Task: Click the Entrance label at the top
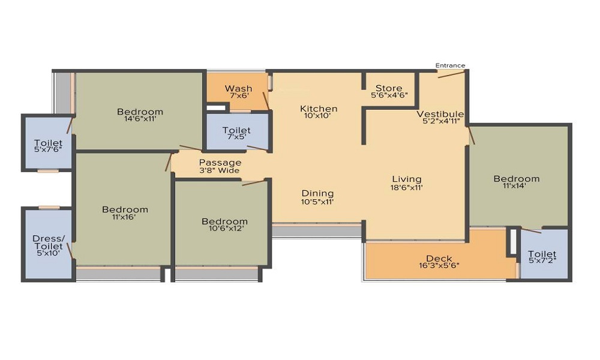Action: click(x=451, y=65)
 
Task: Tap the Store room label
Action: click(x=389, y=91)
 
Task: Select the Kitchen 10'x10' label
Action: click(x=319, y=112)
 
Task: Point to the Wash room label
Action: click(x=239, y=92)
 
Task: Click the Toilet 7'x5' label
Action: click(x=236, y=133)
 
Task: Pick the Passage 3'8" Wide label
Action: click(x=220, y=166)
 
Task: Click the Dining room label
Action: click(x=317, y=197)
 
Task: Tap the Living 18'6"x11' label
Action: click(x=407, y=182)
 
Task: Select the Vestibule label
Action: click(x=440, y=118)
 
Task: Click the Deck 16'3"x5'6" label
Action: click(x=439, y=262)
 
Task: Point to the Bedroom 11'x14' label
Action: click(x=516, y=182)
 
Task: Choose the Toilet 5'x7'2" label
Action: click(x=542, y=257)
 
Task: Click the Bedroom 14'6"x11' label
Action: click(x=140, y=115)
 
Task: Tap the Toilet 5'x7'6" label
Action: click(x=48, y=146)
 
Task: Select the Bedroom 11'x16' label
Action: click(x=125, y=213)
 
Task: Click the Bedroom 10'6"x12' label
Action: click(x=224, y=224)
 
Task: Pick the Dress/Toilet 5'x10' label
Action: click(x=48, y=245)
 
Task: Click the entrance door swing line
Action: click(x=451, y=74)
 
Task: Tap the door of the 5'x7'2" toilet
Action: click(x=531, y=230)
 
